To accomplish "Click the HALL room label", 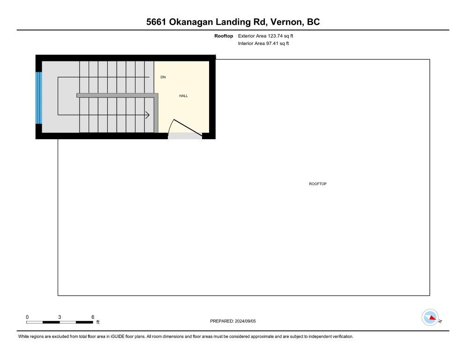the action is tap(183, 96).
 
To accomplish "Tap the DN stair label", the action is tap(163, 77).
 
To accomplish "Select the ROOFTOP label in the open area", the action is tap(318, 184).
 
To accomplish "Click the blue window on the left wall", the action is tap(38, 98).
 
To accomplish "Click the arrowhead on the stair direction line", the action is tap(147, 115).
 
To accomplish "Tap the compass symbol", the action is tap(430, 317).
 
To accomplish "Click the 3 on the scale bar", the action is tap(60, 317).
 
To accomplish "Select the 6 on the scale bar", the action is tap(93, 317).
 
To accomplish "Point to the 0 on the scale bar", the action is tap(27, 317).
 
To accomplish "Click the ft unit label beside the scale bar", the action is tap(98, 322).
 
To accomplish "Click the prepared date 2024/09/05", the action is tap(245, 321).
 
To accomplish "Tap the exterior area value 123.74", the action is tap(275, 36).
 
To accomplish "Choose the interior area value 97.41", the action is tap(272, 44).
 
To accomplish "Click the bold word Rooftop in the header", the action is tap(224, 36).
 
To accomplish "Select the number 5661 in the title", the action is tap(156, 22).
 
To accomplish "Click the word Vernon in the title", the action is tap(287, 22).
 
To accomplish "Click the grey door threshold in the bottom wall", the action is tap(185, 136).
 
